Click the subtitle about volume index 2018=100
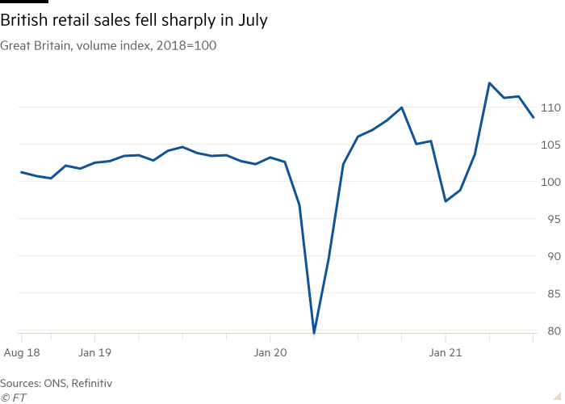(108, 46)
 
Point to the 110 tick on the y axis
(551, 107)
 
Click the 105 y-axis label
(551, 144)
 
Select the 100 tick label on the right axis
(551, 181)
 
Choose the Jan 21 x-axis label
(446, 352)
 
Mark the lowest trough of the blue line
(314, 330)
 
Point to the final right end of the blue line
(534, 118)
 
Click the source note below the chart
(56, 382)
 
